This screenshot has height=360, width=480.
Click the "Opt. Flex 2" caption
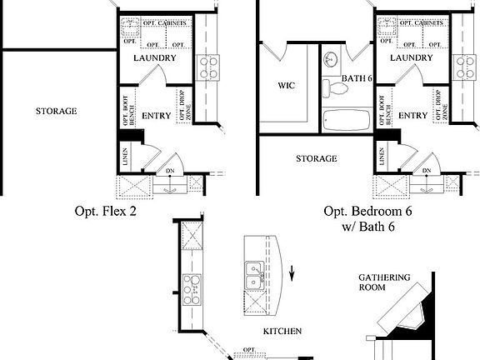pyautogui.click(x=105, y=212)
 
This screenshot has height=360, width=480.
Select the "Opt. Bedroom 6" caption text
pyautogui.click(x=367, y=212)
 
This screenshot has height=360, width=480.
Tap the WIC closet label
pyautogui.click(x=286, y=85)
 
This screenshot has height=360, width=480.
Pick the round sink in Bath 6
pyautogui.click(x=332, y=59)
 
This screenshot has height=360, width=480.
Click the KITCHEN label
pyautogui.click(x=282, y=331)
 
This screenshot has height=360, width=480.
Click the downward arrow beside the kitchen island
pyautogui.click(x=292, y=274)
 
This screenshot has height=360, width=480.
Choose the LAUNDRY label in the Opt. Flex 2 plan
pyautogui.click(x=154, y=59)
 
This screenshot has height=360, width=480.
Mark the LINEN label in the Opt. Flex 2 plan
pyautogui.click(x=125, y=156)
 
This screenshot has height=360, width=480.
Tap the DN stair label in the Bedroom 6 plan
pyautogui.click(x=426, y=171)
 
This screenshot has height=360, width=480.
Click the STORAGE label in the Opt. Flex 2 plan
pyautogui.click(x=57, y=111)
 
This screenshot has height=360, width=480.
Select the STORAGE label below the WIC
pyautogui.click(x=317, y=158)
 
